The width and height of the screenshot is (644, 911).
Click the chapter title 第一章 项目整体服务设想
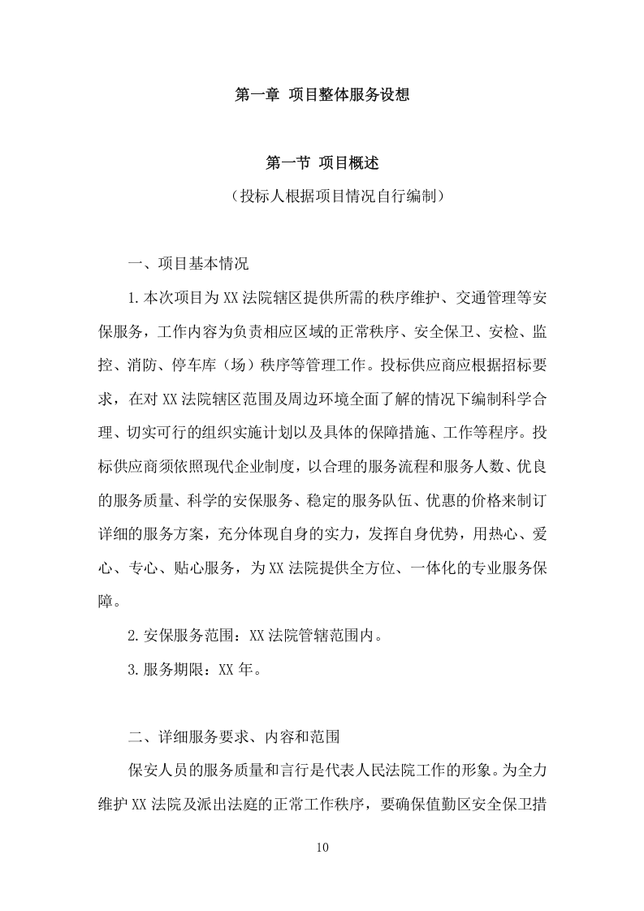tap(321, 95)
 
